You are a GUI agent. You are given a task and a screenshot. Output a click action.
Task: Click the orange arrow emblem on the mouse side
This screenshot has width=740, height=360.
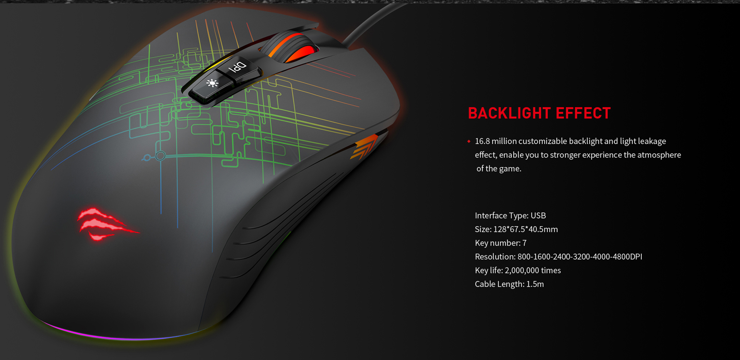pyautogui.click(x=364, y=146)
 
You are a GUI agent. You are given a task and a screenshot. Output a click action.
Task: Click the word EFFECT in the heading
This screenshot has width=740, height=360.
pyautogui.click(x=583, y=113)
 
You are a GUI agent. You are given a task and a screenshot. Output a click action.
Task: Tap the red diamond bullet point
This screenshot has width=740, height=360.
pyautogui.click(x=469, y=141)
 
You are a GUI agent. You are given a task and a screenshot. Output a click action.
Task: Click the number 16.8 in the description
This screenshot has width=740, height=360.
pyautogui.click(x=482, y=141)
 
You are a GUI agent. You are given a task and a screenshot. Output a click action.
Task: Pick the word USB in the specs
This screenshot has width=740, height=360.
pyautogui.click(x=538, y=215)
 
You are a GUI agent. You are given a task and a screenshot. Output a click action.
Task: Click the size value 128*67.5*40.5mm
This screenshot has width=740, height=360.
pyautogui.click(x=526, y=229)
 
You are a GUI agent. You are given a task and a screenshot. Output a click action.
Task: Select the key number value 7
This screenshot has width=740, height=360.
pyautogui.click(x=525, y=243)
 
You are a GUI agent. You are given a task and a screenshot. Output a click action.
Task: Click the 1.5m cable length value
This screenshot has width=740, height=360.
pyautogui.click(x=535, y=284)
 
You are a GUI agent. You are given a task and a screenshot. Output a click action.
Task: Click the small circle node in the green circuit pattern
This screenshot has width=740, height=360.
pyautogui.click(x=160, y=156)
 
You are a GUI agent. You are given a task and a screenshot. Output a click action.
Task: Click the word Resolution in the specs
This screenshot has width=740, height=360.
pyautogui.click(x=495, y=257)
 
